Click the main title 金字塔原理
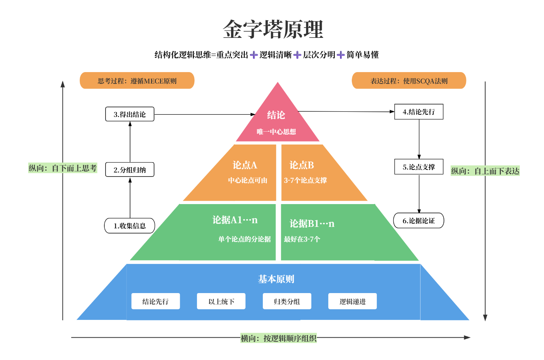click(273, 29)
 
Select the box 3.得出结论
click(130, 114)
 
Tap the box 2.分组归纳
click(130, 170)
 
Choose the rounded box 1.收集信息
click(130, 226)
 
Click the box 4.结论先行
click(419, 112)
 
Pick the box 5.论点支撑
click(419, 167)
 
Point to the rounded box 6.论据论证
click(419, 221)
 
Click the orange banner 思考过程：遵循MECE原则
click(137, 81)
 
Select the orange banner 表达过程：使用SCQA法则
click(409, 81)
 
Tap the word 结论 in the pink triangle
click(276, 115)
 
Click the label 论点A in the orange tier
click(245, 165)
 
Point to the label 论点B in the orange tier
click(302, 165)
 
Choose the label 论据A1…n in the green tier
click(235, 220)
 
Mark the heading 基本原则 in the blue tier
click(276, 279)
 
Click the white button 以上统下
click(221, 302)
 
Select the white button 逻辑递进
click(352, 302)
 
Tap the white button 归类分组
click(287, 302)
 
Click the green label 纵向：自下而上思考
click(62, 168)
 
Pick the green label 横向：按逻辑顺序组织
click(279, 338)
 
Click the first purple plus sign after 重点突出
click(254, 55)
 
